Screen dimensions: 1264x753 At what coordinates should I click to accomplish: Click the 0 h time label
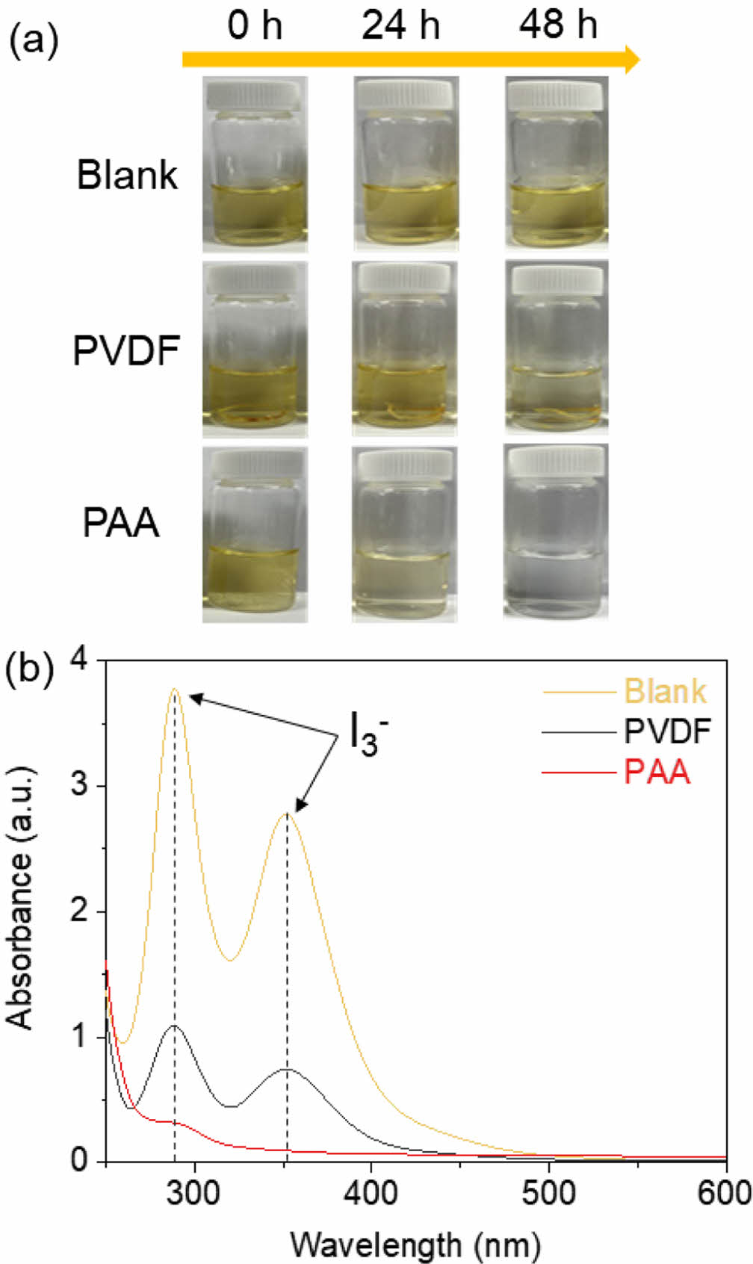[x=255, y=27]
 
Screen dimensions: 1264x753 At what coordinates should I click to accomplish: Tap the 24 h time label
[x=400, y=27]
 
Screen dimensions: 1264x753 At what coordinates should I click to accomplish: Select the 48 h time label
[x=559, y=27]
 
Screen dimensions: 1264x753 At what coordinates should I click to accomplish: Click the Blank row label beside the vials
[x=128, y=176]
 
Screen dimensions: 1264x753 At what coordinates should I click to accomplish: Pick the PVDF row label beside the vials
[x=126, y=350]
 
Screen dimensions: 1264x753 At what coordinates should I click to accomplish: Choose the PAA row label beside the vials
[x=121, y=523]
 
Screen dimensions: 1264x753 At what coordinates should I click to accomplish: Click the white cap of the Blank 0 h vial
[x=254, y=95]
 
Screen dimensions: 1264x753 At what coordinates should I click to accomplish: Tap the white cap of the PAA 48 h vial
[x=555, y=461]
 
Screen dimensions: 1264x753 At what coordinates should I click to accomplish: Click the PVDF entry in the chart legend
[x=667, y=731]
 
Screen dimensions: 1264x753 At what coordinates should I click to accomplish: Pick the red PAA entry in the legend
[x=657, y=772]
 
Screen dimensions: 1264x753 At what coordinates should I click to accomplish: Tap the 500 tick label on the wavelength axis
[x=549, y=1193]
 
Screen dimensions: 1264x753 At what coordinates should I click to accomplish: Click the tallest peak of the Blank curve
[x=175, y=689]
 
